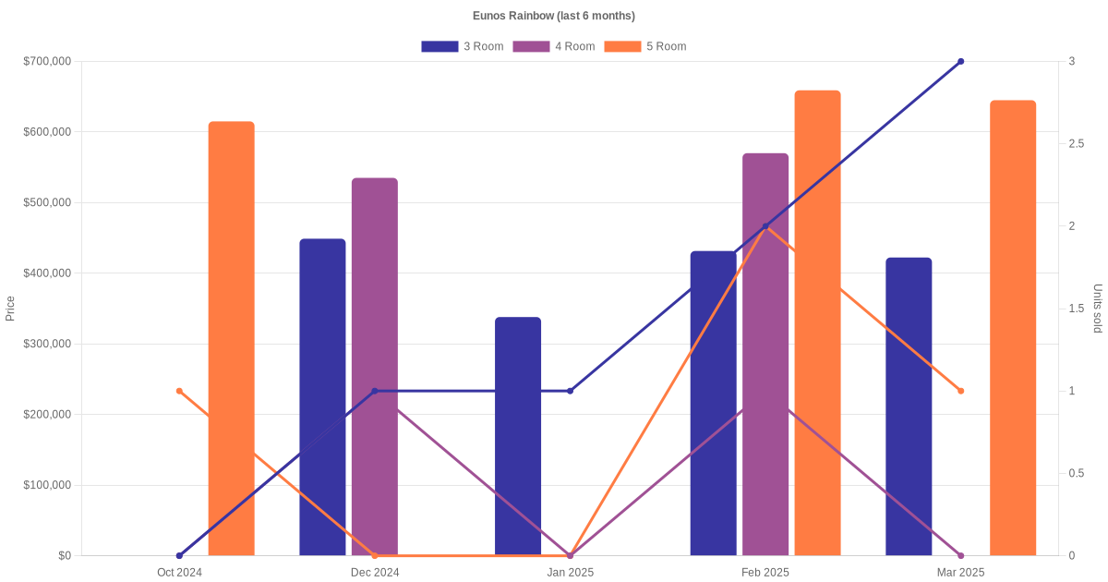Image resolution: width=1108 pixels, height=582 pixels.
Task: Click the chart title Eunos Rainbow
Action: tap(553, 16)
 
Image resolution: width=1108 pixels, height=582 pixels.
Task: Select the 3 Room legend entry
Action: tap(462, 46)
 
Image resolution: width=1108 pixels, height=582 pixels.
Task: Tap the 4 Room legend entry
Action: tap(553, 46)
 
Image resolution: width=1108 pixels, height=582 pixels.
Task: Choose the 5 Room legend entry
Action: tap(644, 46)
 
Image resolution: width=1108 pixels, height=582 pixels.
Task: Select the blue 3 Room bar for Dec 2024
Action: tap(322, 397)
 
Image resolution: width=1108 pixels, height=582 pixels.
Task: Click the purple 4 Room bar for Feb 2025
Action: tap(765, 355)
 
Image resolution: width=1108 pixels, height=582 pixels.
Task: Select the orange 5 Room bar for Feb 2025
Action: tap(817, 323)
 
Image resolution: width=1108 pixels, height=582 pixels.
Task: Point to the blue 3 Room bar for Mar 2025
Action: tap(909, 406)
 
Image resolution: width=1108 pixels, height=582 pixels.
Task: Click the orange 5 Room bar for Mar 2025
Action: tap(1013, 328)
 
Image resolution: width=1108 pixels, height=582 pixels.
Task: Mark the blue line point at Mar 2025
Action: tap(960, 62)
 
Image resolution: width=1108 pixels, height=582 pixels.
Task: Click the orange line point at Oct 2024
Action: tap(179, 391)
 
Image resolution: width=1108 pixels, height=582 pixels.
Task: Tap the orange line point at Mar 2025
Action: tap(960, 391)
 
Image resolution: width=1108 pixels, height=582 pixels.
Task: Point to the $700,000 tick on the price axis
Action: tap(47, 62)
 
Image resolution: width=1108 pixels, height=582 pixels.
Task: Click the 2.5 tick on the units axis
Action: tap(1077, 144)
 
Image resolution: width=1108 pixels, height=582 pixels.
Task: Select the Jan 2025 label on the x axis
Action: tap(570, 573)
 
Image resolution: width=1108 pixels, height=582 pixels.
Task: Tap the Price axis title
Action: tap(10, 309)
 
